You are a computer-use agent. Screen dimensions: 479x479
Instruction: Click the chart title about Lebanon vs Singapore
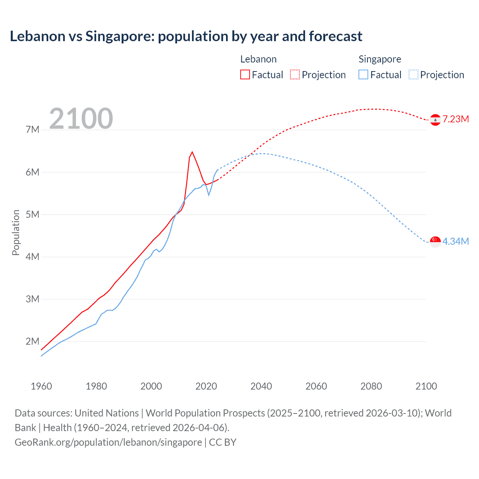coord(186,36)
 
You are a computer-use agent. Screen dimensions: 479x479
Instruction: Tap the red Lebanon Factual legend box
coord(245,74)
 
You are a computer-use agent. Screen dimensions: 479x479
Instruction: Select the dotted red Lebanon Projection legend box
coord(295,74)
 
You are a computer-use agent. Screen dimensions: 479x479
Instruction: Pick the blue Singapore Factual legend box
coord(363,74)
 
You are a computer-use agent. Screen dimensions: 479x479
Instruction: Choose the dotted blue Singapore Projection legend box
coord(413,74)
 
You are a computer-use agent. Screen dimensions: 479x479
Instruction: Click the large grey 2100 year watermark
coord(81,119)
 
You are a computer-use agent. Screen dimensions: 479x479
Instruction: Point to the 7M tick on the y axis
coord(33,130)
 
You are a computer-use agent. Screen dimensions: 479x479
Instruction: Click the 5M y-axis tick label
coord(33,215)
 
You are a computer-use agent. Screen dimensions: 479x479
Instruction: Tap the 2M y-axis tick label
coord(33,341)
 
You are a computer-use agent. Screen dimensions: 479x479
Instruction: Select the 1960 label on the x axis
coord(41,386)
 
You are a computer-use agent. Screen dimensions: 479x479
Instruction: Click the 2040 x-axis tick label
coord(261,386)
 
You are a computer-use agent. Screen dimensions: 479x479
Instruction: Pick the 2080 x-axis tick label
coord(371,386)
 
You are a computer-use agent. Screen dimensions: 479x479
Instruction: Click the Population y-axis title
coord(16,232)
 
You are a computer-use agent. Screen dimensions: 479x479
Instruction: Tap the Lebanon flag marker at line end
coord(435,120)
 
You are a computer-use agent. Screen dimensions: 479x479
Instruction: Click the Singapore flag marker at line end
coord(435,242)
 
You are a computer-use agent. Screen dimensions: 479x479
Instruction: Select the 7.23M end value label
coord(455,119)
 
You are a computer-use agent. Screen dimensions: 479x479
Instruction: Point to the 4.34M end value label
coord(455,241)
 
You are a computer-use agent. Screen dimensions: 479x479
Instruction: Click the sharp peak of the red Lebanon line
coord(192,152)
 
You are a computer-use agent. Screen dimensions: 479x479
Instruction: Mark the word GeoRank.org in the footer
coord(39,442)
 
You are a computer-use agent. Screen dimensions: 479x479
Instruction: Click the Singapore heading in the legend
coord(380,59)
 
